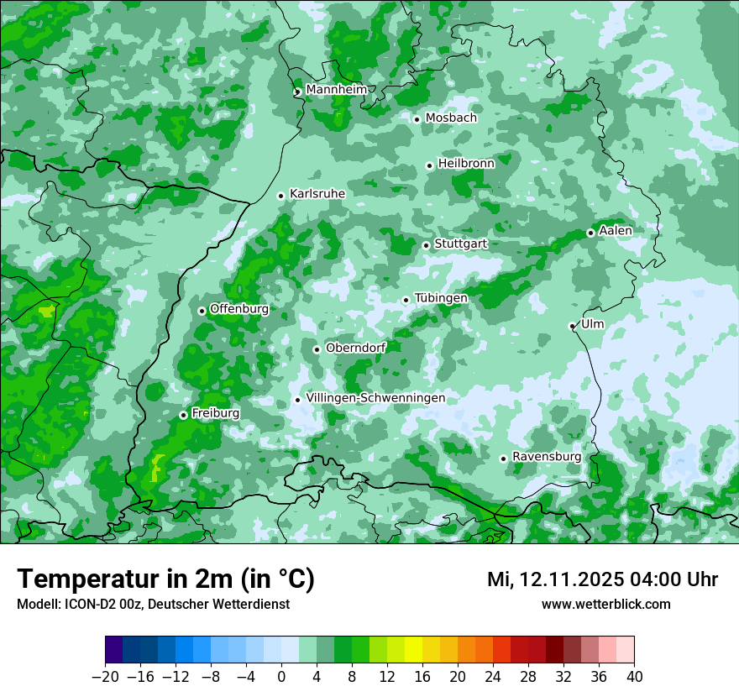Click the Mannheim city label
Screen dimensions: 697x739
pyautogui.click(x=336, y=90)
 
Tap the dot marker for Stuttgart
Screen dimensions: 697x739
pyautogui.click(x=427, y=245)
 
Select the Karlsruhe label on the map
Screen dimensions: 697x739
pyautogui.click(x=317, y=194)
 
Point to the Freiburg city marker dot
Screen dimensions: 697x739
pyautogui.click(x=183, y=415)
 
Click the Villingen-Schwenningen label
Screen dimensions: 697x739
pyautogui.click(x=375, y=398)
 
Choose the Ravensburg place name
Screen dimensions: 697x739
pyautogui.click(x=546, y=457)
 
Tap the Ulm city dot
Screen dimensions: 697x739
pyautogui.click(x=572, y=326)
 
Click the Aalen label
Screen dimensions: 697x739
pyautogui.click(x=616, y=231)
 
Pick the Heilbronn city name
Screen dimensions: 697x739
pyautogui.click(x=466, y=164)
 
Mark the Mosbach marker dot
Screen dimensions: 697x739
pyautogui.click(x=417, y=119)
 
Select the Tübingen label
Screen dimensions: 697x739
pyautogui.click(x=441, y=298)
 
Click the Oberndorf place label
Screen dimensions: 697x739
pyautogui.click(x=355, y=348)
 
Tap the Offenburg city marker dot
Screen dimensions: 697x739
pyautogui.click(x=202, y=311)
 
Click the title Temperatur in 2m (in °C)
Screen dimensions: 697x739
pyautogui.click(x=165, y=579)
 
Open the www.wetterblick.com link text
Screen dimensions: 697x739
pyautogui.click(x=605, y=604)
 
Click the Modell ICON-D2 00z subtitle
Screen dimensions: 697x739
pyautogui.click(x=153, y=604)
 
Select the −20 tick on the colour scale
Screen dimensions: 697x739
pyautogui.click(x=105, y=677)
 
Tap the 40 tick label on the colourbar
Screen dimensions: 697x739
pyautogui.click(x=634, y=677)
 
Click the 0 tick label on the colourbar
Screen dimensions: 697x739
pyautogui.click(x=281, y=677)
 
